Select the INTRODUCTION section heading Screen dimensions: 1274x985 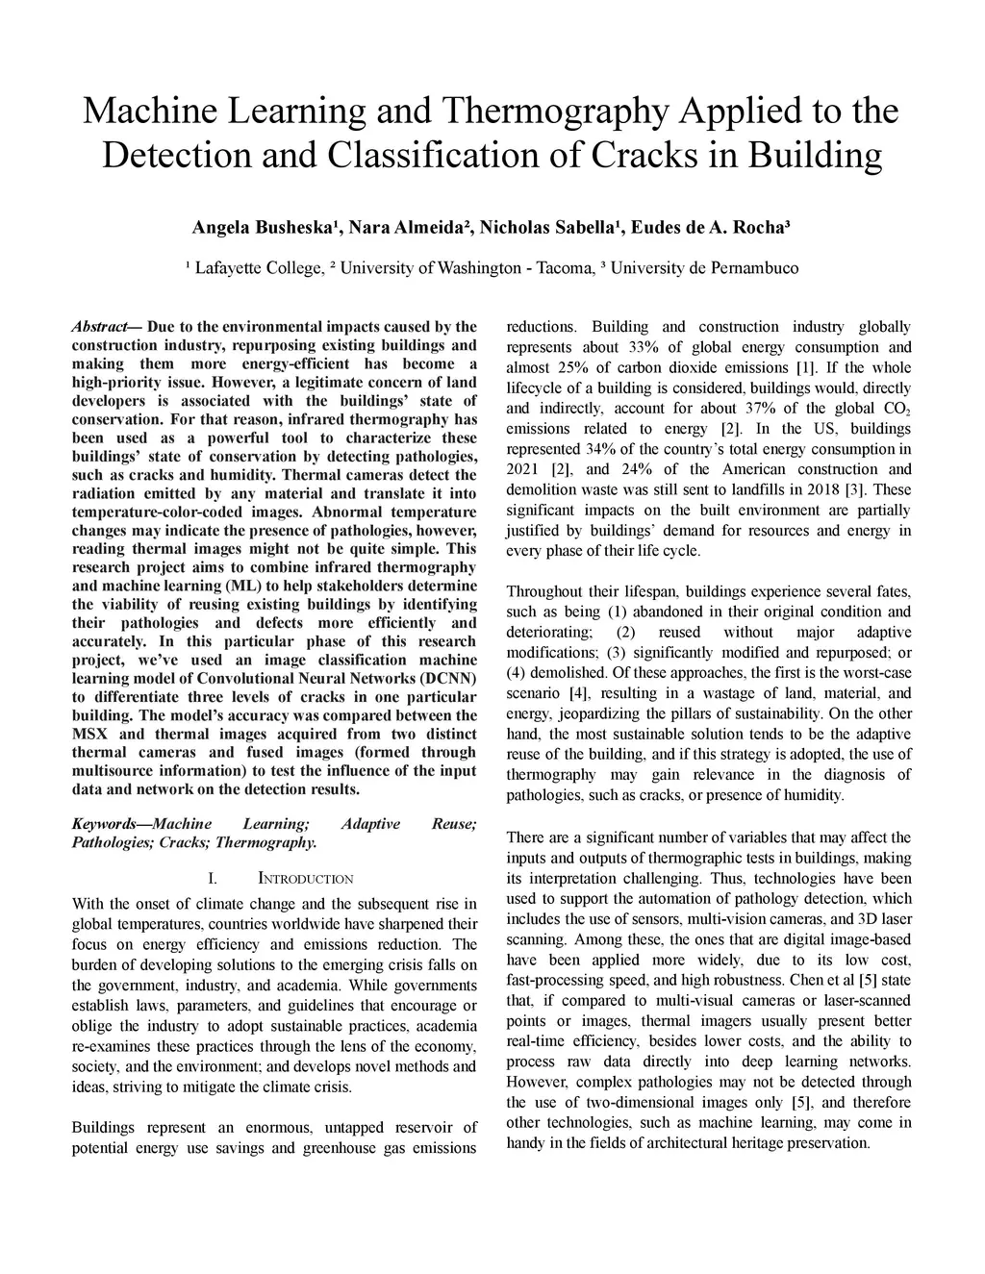pyautogui.click(x=306, y=879)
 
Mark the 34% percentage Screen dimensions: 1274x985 pyautogui.click(x=598, y=449)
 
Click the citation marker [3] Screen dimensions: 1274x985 pyautogui.click(x=852, y=490)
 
